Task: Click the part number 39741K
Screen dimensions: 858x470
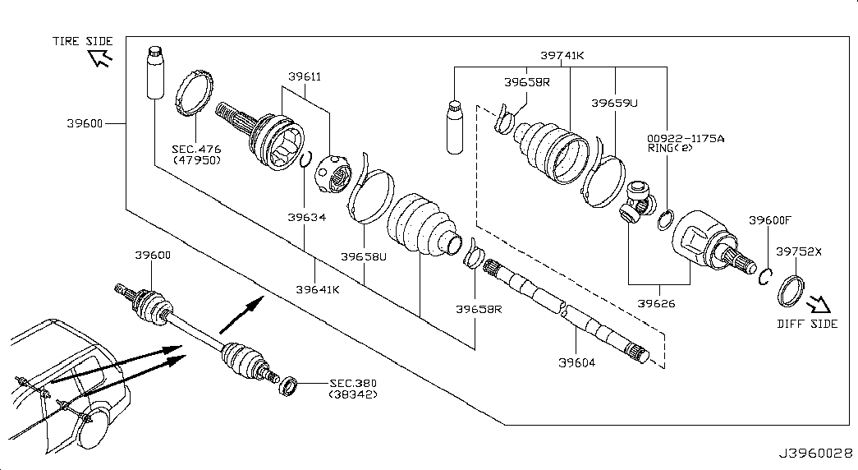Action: [562, 55]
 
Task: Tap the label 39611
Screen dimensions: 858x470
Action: [305, 76]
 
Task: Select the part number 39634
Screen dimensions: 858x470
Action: [307, 217]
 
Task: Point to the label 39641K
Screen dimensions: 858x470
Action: [318, 289]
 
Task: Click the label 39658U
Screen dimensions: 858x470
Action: [364, 256]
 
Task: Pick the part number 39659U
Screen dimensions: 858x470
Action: [614, 103]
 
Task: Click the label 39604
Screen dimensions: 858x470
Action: [576, 362]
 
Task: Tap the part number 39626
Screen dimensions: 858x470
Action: [656, 303]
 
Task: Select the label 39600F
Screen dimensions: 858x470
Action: [770, 220]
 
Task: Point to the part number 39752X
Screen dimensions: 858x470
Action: [799, 251]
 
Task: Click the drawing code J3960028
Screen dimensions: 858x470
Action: [816, 454]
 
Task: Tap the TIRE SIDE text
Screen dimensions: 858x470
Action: [83, 41]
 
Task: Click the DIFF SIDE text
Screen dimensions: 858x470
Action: [807, 324]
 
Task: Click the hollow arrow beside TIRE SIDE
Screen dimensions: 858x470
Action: [100, 57]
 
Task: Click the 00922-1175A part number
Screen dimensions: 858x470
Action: [686, 139]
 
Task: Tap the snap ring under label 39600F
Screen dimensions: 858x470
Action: [765, 276]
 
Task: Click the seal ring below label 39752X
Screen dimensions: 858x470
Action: [791, 292]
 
